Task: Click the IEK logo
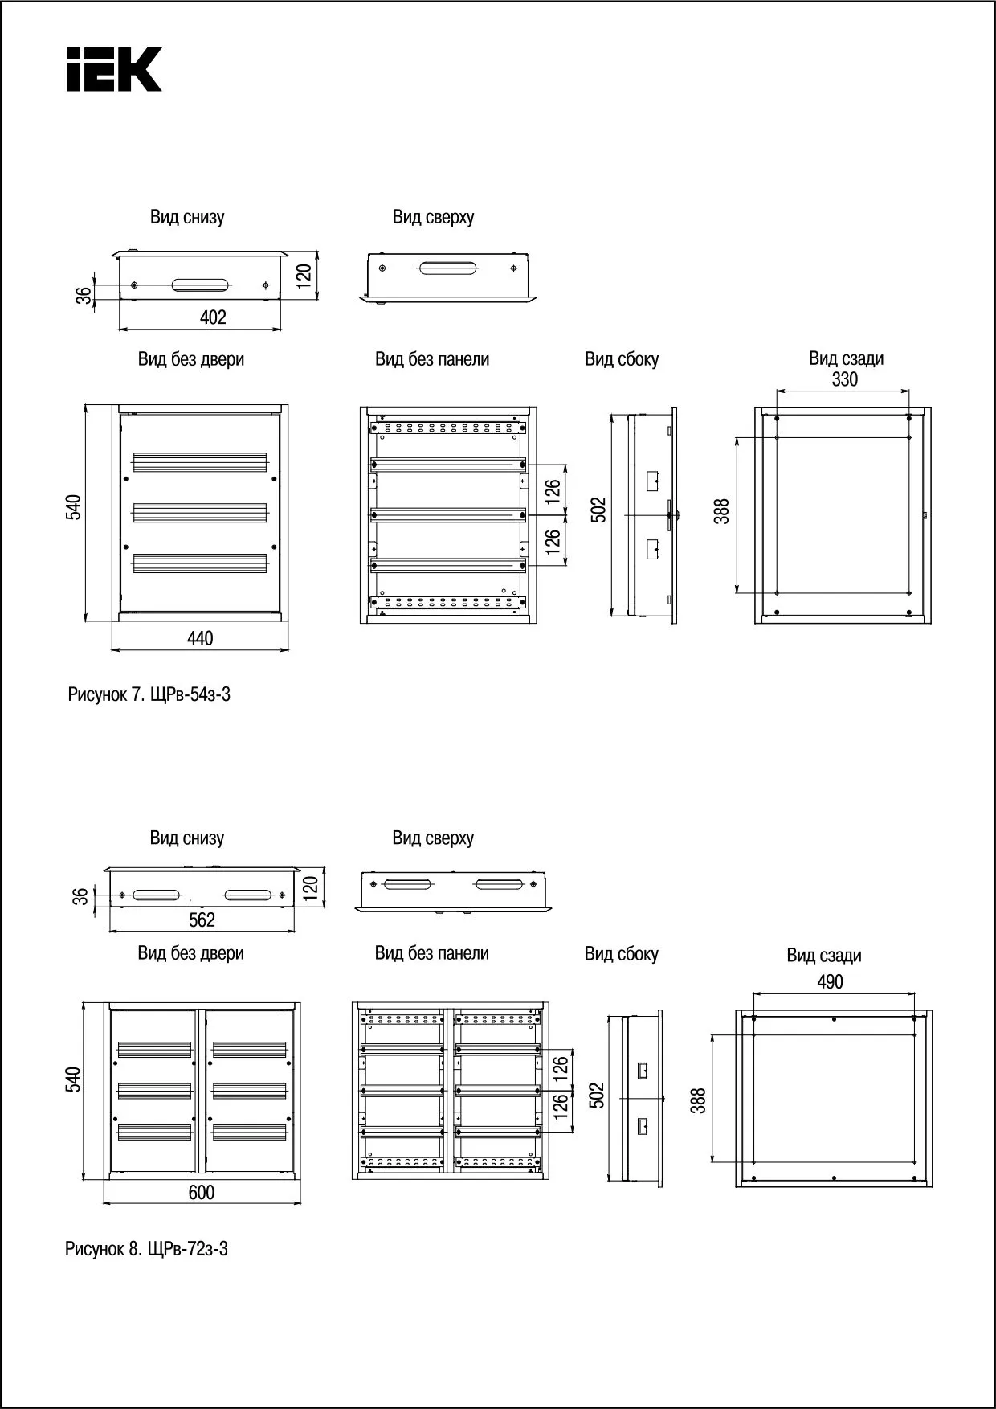coord(114,69)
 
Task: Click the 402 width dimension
coord(213,317)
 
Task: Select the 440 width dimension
coord(200,638)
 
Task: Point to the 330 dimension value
coord(844,379)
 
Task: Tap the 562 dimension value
coord(202,920)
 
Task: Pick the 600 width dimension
coord(202,1192)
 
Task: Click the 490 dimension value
coord(830,981)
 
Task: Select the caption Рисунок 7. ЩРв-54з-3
coord(149,695)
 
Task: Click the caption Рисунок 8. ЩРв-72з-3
coord(146,1249)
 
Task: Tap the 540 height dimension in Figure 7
coord(73,507)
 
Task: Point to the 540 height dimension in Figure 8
coord(72,1079)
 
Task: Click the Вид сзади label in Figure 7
coord(846,358)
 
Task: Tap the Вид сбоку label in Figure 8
coord(621,954)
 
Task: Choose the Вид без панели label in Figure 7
coord(432,359)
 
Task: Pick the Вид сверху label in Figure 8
coord(433,838)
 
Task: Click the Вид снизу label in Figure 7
coord(187,217)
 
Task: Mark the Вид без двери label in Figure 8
coord(190,953)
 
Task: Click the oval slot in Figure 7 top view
coord(448,268)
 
